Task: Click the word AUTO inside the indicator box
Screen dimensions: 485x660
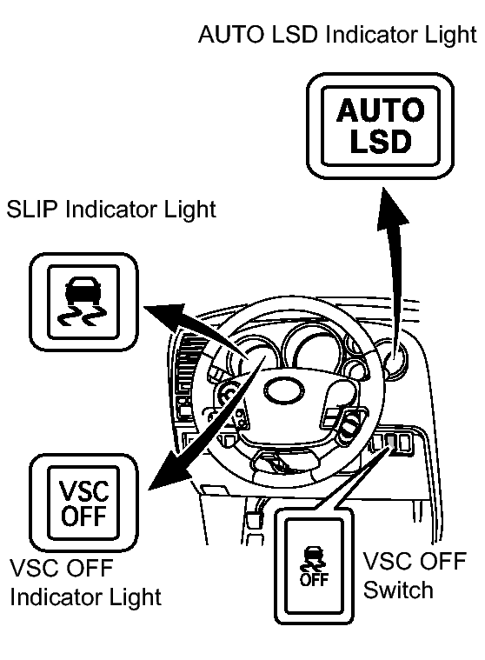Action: (x=380, y=110)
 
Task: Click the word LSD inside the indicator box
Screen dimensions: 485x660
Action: (x=380, y=141)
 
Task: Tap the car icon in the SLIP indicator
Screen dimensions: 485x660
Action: (x=83, y=290)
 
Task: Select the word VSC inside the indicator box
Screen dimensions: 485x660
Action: (x=83, y=490)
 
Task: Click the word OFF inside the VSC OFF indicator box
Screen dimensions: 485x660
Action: (x=83, y=515)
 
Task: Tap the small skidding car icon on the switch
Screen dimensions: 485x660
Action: (x=313, y=559)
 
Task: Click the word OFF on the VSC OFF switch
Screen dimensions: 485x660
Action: (x=314, y=580)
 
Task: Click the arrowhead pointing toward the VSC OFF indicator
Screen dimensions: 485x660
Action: (x=169, y=471)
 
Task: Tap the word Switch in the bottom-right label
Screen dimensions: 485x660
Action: (x=398, y=590)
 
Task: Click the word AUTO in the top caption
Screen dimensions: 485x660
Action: (x=230, y=34)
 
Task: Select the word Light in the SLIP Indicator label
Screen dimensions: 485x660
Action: (x=189, y=210)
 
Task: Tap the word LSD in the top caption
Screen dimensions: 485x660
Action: (x=294, y=34)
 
